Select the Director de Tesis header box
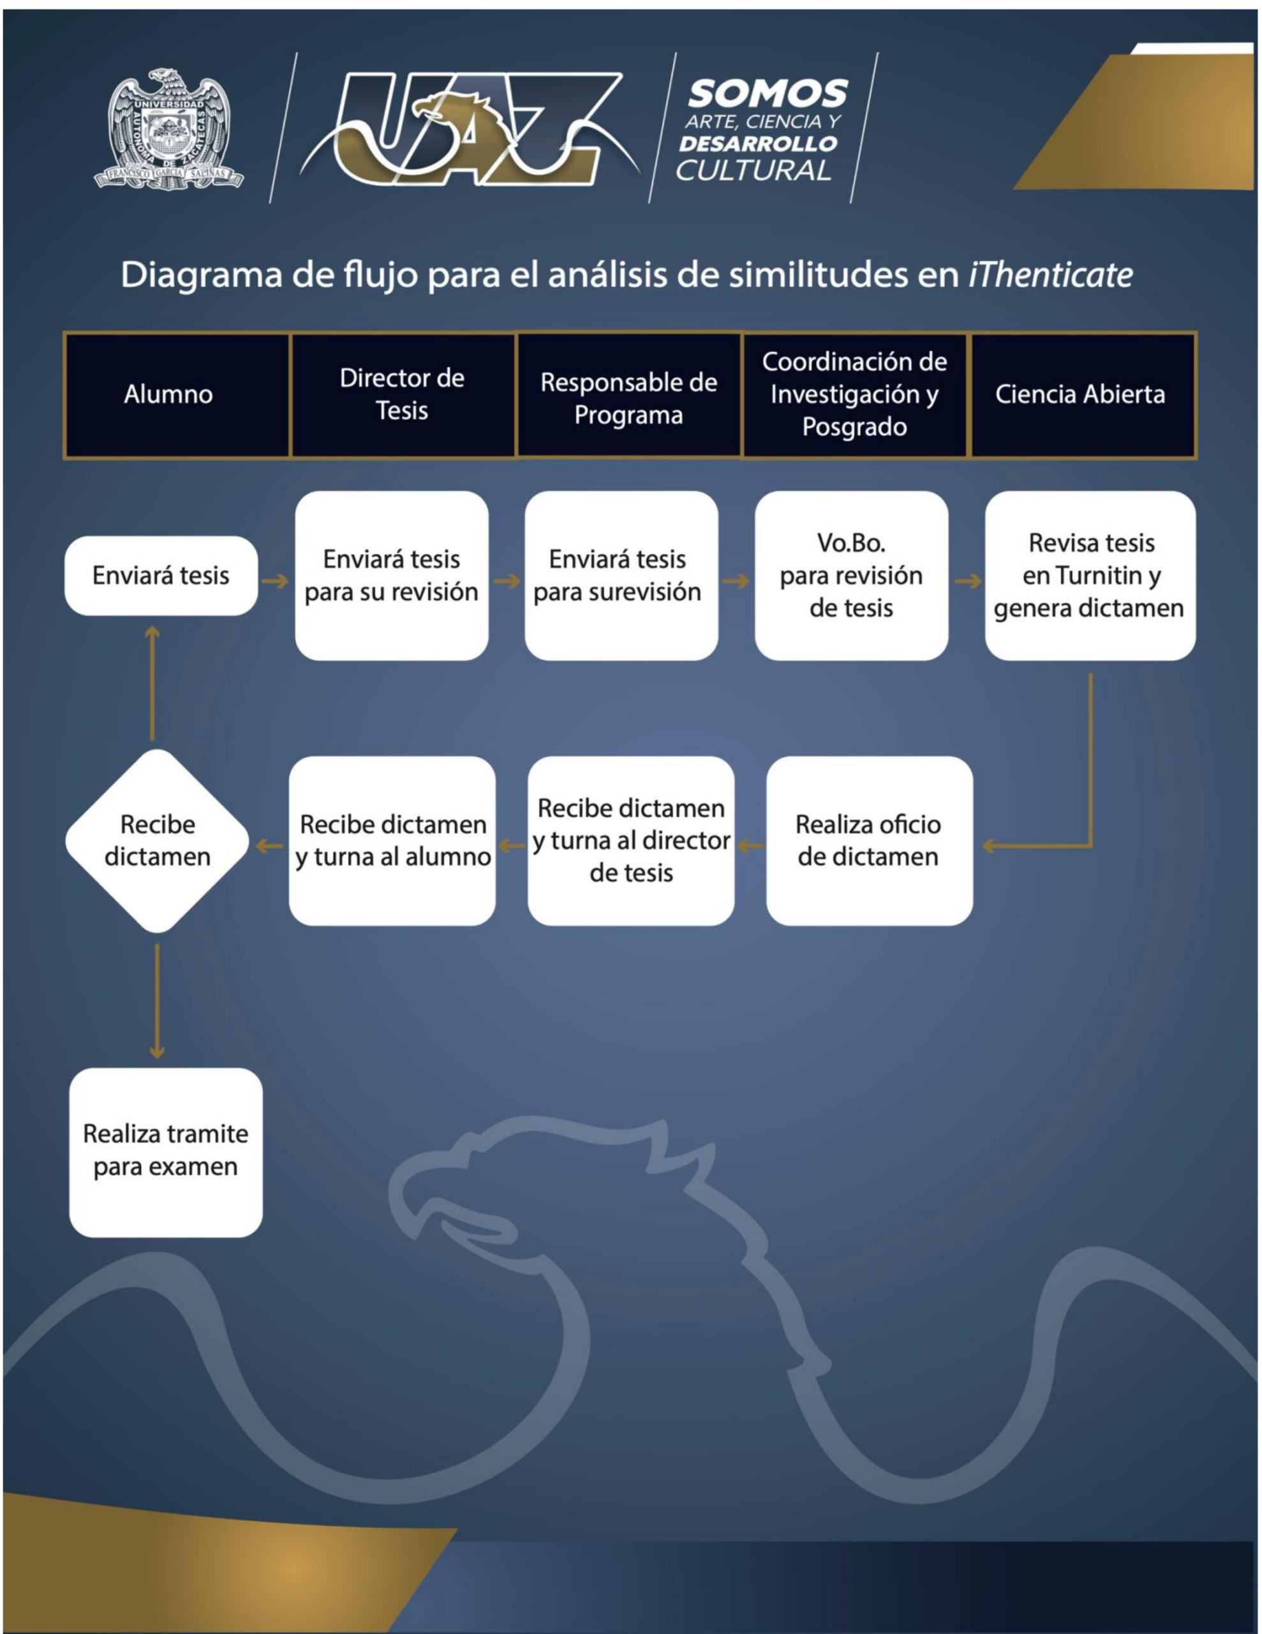403,394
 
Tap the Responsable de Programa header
629,394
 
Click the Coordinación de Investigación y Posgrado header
855,394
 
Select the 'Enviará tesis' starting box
161,575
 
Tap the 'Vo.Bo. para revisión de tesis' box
851,575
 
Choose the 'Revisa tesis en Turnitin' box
1090,575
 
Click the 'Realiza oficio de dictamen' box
869,841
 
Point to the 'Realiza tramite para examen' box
166,1152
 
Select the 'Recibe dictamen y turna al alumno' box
392,841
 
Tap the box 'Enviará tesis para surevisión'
621,575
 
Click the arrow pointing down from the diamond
157,1001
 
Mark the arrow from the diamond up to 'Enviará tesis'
152,683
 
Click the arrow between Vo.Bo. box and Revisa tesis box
967,581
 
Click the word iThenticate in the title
1050,274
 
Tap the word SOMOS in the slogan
768,94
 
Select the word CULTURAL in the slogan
754,170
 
